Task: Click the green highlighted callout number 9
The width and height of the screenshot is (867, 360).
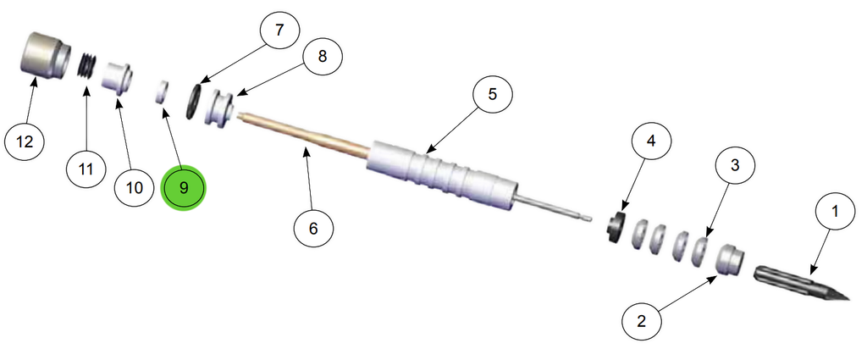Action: pos(183,188)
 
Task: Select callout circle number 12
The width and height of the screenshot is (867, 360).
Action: pos(25,142)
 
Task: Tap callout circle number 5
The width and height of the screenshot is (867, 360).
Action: pos(492,95)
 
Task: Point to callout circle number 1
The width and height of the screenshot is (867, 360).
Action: pos(835,211)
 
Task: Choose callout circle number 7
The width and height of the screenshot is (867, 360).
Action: pos(279,30)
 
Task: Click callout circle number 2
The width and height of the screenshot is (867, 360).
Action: pos(642,321)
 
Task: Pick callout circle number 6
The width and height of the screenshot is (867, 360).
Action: pos(313,227)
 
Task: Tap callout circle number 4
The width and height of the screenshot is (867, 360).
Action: pos(651,141)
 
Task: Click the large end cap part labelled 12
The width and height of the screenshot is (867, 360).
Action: pos(46,54)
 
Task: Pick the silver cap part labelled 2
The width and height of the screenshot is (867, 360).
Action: pos(730,258)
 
